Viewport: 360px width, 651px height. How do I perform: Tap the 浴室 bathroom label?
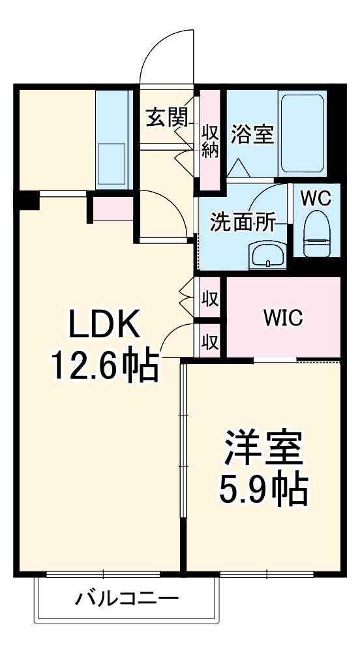tap(253, 134)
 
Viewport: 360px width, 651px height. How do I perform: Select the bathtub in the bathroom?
tap(303, 134)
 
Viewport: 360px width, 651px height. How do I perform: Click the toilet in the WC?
tap(317, 234)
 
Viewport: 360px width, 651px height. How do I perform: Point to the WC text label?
tap(316, 199)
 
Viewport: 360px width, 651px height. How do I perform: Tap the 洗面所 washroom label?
tap(243, 222)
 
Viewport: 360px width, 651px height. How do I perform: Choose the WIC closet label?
tap(284, 318)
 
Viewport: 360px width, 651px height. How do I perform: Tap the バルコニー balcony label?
tap(127, 598)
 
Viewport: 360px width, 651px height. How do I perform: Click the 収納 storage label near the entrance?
tap(211, 142)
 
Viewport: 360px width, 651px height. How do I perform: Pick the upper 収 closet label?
tap(211, 299)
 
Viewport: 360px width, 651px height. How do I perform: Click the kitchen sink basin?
tap(112, 164)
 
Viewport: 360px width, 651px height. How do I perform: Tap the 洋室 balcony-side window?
tap(267, 574)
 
